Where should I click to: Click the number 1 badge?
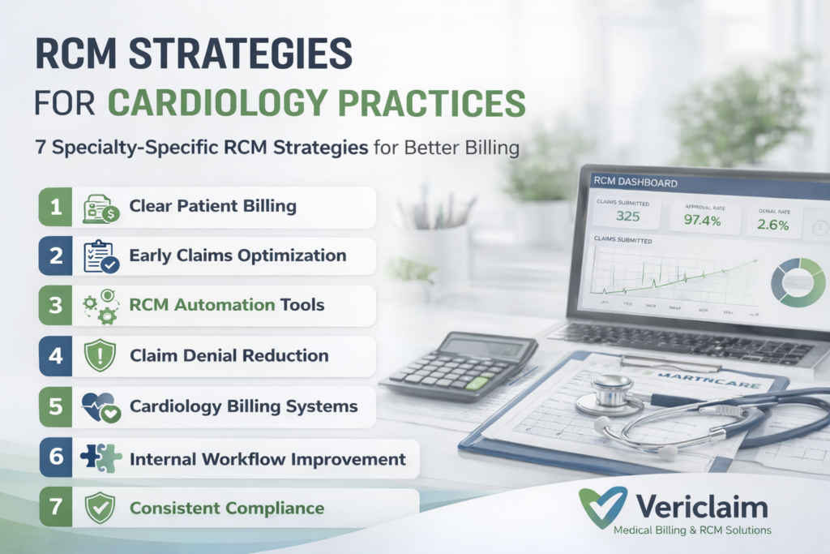coord(55,207)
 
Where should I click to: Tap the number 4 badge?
coord(55,355)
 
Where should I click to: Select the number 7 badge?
coord(55,509)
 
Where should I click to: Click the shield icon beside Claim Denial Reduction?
coord(101,355)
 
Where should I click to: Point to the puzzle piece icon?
coord(101,457)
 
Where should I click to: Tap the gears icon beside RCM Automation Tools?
coord(101,305)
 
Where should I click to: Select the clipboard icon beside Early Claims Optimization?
coord(101,256)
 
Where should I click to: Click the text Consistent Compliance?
coord(227,509)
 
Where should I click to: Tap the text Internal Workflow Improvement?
coord(267,458)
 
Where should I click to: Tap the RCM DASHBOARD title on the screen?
coord(635,183)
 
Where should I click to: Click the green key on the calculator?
coord(477,383)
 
